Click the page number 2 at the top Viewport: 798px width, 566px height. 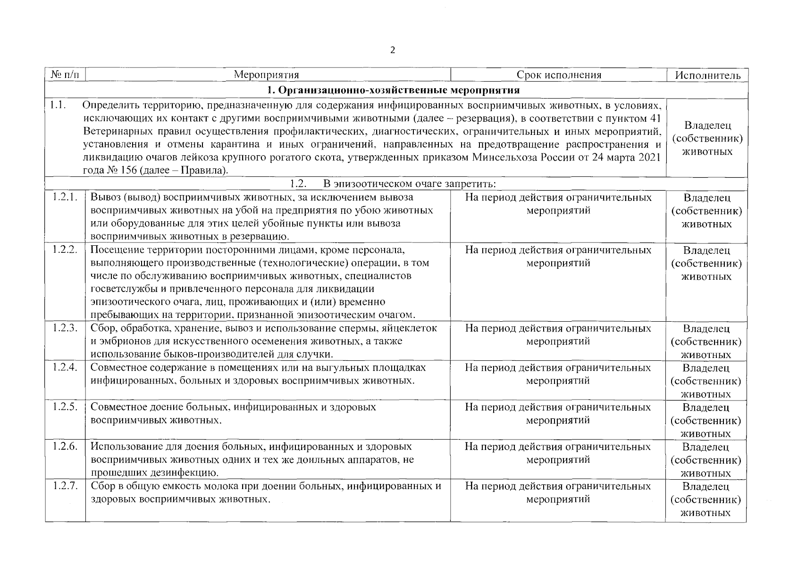point(393,50)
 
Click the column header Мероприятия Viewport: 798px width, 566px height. point(267,75)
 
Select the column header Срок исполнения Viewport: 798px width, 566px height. point(559,75)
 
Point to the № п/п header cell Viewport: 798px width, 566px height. point(65,75)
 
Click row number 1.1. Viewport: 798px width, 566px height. point(57,105)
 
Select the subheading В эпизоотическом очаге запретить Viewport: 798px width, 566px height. point(409,183)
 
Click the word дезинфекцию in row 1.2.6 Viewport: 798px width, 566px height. point(186,473)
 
